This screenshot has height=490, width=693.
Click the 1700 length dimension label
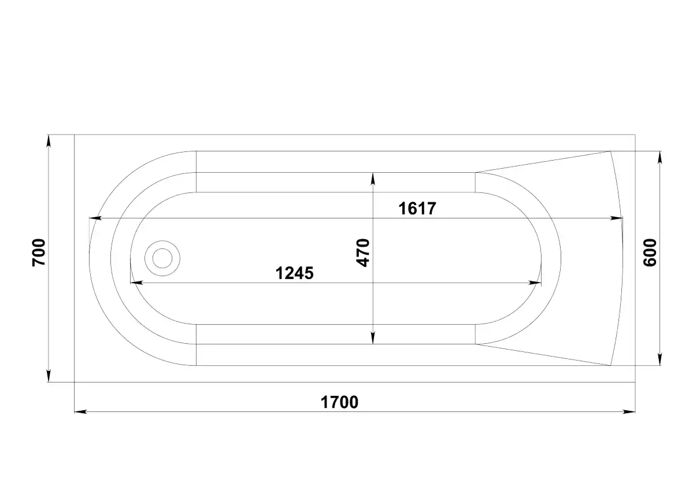(339, 402)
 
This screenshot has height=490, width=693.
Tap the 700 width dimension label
(39, 253)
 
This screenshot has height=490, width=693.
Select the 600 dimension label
(650, 253)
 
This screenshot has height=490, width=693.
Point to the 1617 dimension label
(417, 208)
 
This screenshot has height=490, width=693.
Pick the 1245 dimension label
(294, 273)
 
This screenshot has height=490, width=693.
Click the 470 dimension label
(363, 253)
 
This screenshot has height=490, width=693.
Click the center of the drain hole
(162, 258)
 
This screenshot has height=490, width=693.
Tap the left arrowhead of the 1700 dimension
(80, 412)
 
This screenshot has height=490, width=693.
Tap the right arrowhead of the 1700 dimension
(629, 412)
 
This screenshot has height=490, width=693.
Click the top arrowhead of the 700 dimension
(48, 141)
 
